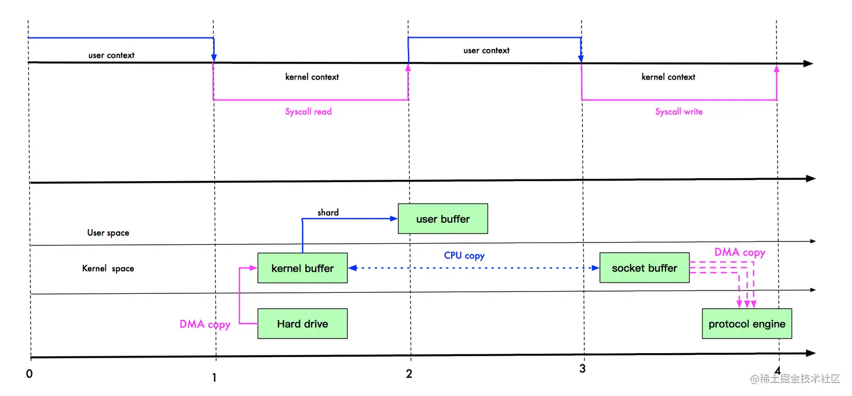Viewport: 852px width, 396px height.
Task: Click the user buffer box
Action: click(443, 218)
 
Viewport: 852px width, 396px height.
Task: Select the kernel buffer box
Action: click(303, 268)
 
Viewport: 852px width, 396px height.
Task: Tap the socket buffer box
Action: click(644, 268)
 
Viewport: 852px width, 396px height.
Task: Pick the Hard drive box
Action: click(303, 324)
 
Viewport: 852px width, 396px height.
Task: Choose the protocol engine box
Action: click(747, 324)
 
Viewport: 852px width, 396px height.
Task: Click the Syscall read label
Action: click(308, 112)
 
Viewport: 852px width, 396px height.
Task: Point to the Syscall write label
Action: click(679, 112)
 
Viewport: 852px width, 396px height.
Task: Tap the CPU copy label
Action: click(464, 256)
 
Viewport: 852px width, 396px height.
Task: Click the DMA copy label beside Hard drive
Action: click(205, 324)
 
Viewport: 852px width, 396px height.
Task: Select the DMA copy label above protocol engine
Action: click(740, 252)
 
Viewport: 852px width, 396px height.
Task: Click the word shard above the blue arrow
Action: click(328, 213)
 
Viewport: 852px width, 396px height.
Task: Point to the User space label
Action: click(108, 232)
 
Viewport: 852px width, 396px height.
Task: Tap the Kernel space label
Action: click(108, 269)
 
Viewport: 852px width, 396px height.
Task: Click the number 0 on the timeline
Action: click(29, 374)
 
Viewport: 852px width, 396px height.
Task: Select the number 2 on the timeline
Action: click(409, 374)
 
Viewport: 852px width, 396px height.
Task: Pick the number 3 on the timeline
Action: click(582, 368)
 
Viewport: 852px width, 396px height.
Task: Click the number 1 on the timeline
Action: click(214, 378)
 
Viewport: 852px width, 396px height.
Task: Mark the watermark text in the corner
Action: click(795, 379)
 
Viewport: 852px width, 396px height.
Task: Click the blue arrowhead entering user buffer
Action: click(394, 218)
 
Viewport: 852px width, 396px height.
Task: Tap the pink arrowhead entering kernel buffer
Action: click(254, 268)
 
